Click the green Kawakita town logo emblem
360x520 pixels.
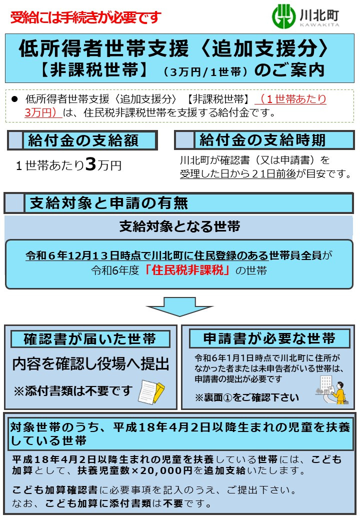click(283, 16)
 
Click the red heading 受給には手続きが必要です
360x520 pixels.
click(85, 17)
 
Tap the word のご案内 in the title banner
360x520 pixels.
click(289, 70)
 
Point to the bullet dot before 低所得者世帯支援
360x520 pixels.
click(14, 99)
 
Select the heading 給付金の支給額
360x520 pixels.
click(83, 140)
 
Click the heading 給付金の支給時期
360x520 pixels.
click(262, 140)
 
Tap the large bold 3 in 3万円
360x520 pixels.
click(90, 164)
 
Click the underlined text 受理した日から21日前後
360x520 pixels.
click(237, 174)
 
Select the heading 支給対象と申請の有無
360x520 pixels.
click(109, 203)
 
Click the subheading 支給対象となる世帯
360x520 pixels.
click(179, 226)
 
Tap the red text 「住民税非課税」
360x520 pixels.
click(187, 270)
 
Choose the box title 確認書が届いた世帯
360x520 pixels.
click(90, 339)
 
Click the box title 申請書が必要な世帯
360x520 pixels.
click(269, 338)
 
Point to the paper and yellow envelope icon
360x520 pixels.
click(151, 391)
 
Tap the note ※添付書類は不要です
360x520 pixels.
click(72, 390)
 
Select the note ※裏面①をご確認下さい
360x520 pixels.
click(246, 397)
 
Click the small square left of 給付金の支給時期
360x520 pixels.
click(184, 140)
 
